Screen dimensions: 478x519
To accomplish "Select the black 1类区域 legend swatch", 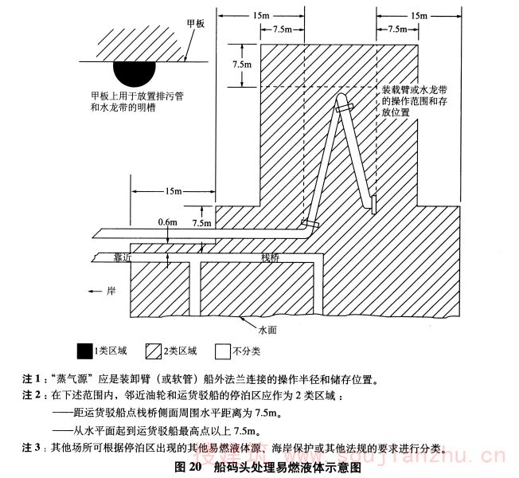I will click(83, 351).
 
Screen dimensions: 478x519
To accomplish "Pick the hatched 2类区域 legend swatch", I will click(153, 351).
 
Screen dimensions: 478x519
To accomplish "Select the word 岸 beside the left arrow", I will click(111, 291).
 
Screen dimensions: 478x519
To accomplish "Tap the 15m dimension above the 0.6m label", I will click(174, 193).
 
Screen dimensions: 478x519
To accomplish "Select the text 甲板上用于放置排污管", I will click(138, 96).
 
